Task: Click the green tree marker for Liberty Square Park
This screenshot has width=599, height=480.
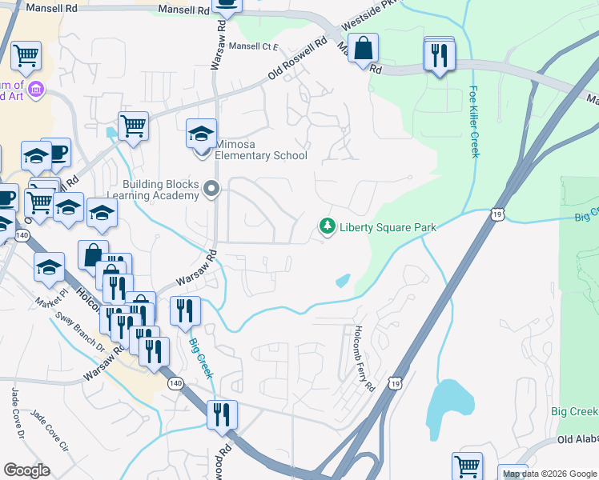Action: tap(327, 227)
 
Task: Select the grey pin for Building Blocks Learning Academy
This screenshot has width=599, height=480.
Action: tap(211, 189)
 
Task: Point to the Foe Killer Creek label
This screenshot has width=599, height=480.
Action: tap(474, 122)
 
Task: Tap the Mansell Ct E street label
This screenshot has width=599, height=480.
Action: tap(253, 46)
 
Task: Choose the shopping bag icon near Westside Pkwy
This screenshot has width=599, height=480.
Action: tap(364, 48)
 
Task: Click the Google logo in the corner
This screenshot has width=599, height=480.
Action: tap(27, 470)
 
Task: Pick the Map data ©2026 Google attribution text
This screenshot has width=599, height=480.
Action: tap(549, 474)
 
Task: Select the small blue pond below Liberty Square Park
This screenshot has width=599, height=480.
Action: tap(343, 281)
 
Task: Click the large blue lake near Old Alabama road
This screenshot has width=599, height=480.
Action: tap(446, 404)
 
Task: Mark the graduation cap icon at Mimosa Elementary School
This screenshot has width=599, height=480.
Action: tap(202, 133)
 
